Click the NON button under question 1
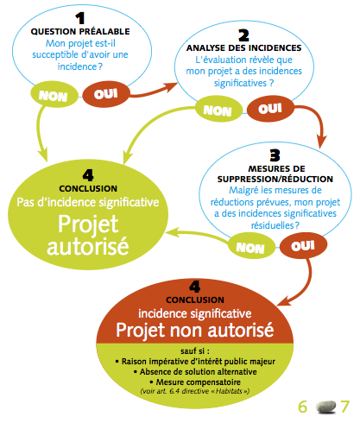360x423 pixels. point(54,95)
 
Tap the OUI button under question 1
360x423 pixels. point(106,94)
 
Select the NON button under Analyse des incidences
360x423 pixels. point(218,110)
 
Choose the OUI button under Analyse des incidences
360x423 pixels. point(270,108)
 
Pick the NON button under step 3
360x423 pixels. point(251,247)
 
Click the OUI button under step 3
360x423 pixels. point(303,245)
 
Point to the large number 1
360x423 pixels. point(80,18)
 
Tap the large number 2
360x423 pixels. point(243,35)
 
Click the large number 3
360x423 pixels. point(275,155)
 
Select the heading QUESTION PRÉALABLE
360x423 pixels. point(80,31)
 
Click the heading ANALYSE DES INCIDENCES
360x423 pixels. point(243,47)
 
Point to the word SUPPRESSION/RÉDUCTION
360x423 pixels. point(275,179)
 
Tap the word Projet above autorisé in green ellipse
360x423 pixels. point(88,224)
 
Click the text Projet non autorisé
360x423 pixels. point(195,330)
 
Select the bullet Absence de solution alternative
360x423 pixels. point(195,372)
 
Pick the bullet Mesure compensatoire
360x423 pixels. point(195,382)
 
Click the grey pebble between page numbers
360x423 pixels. point(325,407)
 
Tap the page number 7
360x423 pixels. point(344,407)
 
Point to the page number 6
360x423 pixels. point(302,407)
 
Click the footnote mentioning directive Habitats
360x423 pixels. point(195,391)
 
